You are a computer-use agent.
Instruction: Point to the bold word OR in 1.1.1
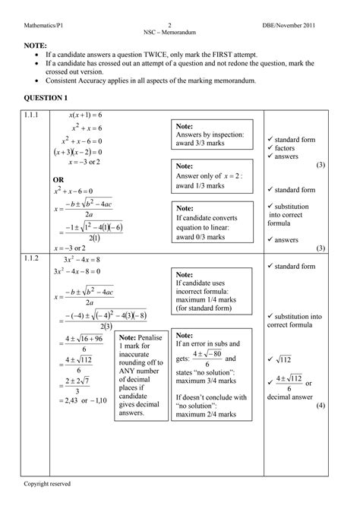58,179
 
